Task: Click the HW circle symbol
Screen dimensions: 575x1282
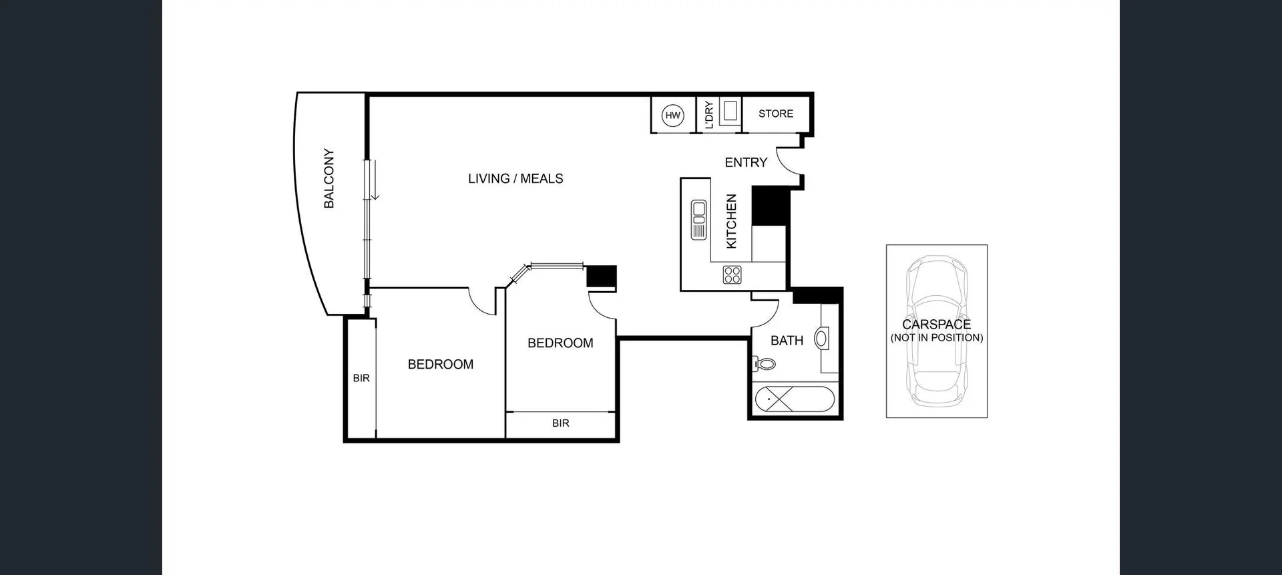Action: click(x=672, y=116)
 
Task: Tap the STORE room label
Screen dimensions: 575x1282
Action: click(x=775, y=114)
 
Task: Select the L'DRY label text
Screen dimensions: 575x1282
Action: click(x=709, y=115)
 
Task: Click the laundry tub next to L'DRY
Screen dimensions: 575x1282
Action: click(x=730, y=112)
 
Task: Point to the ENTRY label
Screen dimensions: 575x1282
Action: click(x=746, y=162)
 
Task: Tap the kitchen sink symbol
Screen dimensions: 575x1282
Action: click(x=699, y=219)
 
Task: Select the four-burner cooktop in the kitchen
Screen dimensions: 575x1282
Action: click(x=732, y=274)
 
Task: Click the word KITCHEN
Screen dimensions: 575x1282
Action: click(x=731, y=222)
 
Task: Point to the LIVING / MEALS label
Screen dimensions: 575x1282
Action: click(x=515, y=178)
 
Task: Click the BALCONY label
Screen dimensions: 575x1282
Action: click(x=329, y=178)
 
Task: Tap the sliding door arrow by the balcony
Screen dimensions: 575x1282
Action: click(x=375, y=180)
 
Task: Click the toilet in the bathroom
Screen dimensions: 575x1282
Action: click(x=765, y=364)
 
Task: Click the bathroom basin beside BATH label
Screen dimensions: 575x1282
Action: click(x=821, y=338)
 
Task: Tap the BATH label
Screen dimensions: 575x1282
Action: click(x=787, y=341)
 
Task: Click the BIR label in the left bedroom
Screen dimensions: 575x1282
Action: click(x=361, y=378)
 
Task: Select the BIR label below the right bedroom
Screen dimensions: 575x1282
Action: click(x=560, y=423)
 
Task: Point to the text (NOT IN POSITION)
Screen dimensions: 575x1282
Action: click(x=936, y=338)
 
